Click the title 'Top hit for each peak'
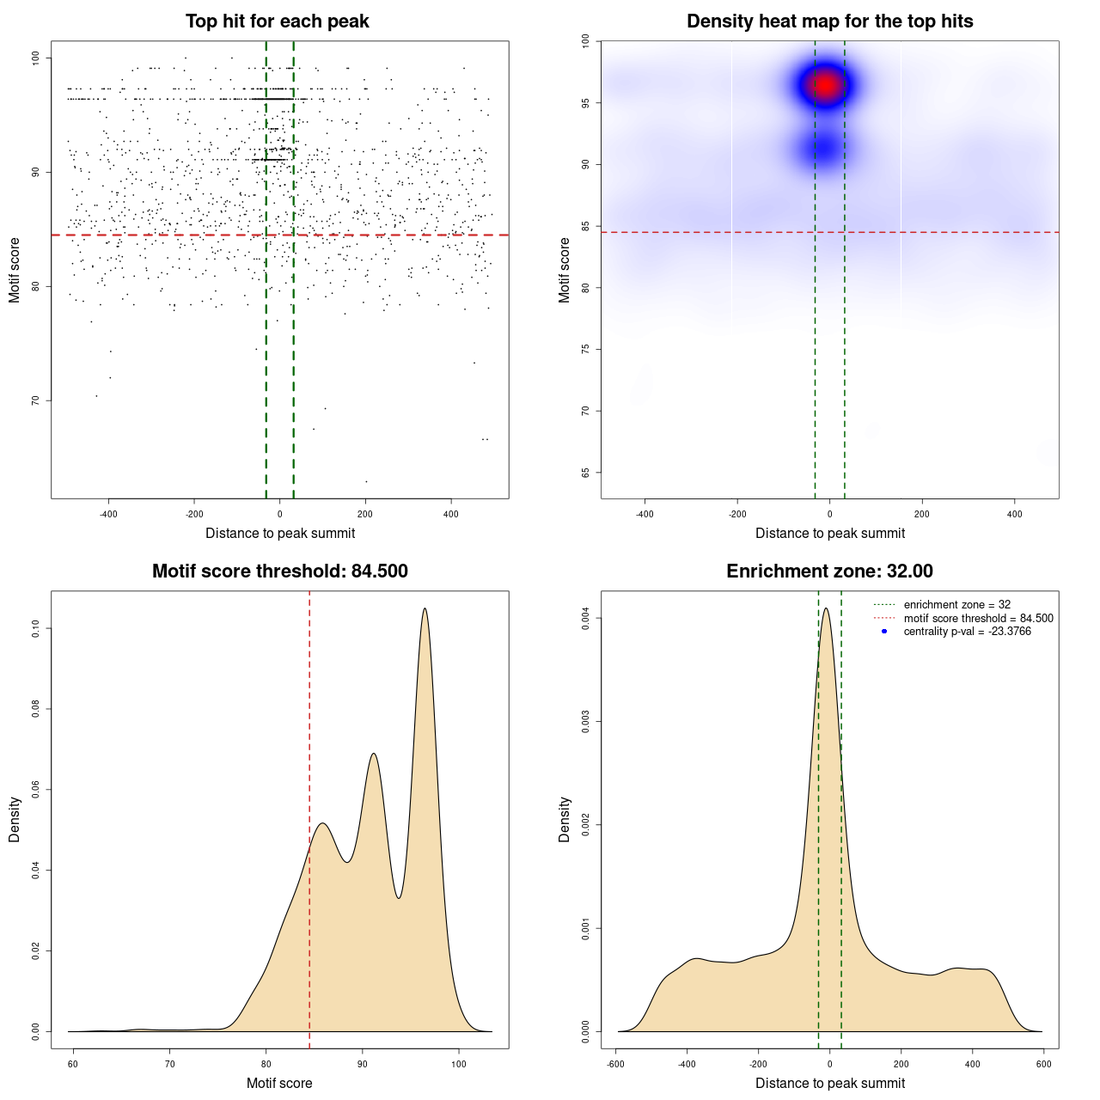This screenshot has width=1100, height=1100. coord(277,21)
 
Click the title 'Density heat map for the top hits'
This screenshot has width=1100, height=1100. coord(829,21)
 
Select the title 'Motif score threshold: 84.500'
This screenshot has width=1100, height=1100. coord(279,571)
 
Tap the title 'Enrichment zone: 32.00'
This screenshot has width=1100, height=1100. coord(829,571)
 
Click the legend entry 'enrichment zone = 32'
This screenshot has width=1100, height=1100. coord(956,605)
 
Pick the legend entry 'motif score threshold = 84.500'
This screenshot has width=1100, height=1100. coord(978,619)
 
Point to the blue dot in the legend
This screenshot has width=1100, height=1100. coord(884,632)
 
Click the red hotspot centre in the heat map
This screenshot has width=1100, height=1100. coord(826,85)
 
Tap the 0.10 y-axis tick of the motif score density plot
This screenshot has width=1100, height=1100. coord(36,629)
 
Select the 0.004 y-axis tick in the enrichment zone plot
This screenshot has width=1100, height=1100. coord(586,619)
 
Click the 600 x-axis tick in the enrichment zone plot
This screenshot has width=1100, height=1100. coord(1043,1064)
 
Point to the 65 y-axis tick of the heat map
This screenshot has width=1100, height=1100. coord(586,473)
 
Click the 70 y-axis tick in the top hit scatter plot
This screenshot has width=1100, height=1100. coord(36,400)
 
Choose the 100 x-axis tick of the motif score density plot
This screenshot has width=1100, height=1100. coord(459,1064)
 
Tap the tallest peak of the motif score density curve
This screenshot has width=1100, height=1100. coord(425,609)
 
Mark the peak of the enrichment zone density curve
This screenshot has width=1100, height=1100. coord(826,608)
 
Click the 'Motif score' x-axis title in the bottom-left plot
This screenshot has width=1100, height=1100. coord(279,1083)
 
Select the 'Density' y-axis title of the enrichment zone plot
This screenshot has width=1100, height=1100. coord(565,819)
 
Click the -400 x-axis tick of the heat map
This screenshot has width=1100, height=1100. coord(645,514)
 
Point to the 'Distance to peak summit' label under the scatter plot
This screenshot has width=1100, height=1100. coord(280,533)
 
